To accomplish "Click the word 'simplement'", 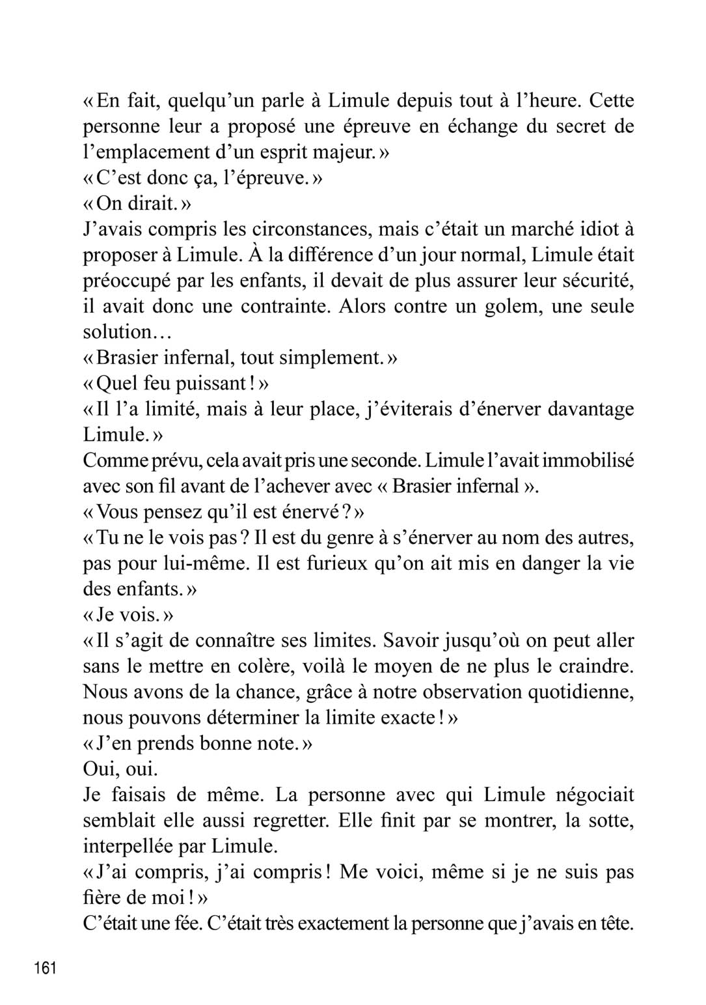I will coord(325,358).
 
